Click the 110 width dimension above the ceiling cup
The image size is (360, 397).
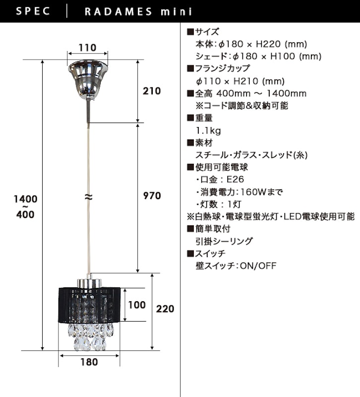[88, 48]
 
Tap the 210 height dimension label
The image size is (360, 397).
[152, 91]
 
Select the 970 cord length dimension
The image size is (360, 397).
[152, 196]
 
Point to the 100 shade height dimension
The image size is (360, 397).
[137, 305]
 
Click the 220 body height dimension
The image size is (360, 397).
[165, 309]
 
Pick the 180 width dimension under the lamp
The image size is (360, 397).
[89, 362]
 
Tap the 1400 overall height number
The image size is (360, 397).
[26, 199]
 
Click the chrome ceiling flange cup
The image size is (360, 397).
[88, 79]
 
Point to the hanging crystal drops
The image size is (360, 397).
[90, 336]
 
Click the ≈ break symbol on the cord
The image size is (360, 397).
[88, 197]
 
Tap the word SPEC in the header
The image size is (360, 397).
[33, 11]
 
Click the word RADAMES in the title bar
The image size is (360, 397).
[119, 11]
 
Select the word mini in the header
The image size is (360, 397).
[177, 11]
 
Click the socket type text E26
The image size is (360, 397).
[235, 180]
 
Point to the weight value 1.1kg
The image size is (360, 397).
[208, 131]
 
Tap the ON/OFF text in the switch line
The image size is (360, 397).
[258, 266]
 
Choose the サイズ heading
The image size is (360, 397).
[207, 32]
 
